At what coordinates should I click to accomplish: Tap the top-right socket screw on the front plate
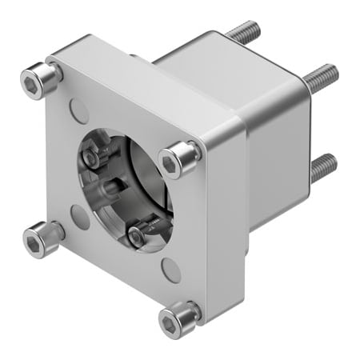pyautogui.click(x=178, y=160)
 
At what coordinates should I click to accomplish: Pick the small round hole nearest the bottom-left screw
pyautogui.click(x=79, y=216)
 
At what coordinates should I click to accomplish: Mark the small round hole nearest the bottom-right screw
pyautogui.click(x=170, y=269)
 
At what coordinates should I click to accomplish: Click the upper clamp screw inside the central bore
pyautogui.click(x=94, y=156)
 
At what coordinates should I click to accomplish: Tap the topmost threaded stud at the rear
pyautogui.click(x=243, y=34)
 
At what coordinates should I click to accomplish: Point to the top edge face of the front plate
pyautogui.click(x=144, y=80)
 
